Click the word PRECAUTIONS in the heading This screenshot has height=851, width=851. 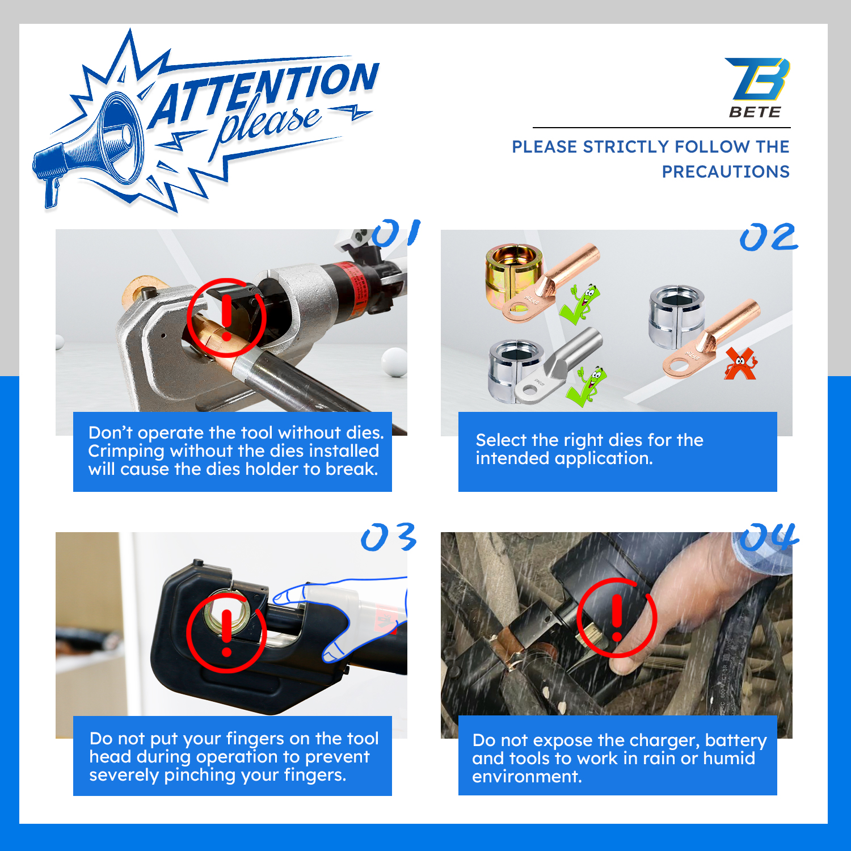726,171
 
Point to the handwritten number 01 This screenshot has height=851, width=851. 396,233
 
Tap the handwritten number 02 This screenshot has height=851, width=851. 769,237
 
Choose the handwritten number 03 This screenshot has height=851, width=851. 389,537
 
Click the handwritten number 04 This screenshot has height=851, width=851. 769,537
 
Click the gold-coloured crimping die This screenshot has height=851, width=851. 513,276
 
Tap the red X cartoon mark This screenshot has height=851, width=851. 740,364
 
